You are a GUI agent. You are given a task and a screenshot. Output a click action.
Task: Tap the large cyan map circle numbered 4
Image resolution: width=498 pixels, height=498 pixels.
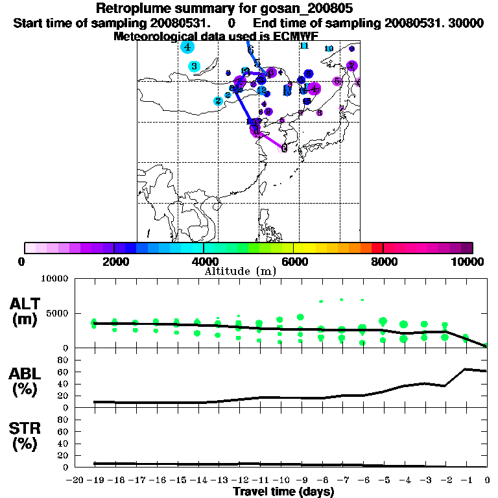[187, 47]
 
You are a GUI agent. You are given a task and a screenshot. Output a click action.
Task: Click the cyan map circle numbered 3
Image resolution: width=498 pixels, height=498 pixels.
[194, 66]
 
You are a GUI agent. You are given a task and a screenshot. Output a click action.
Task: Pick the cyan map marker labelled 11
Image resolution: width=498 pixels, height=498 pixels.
[303, 45]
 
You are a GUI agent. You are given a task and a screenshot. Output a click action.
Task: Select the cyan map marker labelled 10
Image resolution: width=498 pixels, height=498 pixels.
[329, 49]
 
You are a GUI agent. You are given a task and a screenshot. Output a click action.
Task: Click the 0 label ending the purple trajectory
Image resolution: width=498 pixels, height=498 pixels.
[284, 148]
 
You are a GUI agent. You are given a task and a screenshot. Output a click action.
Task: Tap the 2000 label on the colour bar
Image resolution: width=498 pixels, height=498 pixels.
[113, 261]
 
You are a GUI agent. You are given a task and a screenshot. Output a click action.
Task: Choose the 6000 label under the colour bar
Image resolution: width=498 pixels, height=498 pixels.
[294, 261]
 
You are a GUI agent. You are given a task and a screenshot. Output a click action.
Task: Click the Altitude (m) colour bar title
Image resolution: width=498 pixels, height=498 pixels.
[240, 271]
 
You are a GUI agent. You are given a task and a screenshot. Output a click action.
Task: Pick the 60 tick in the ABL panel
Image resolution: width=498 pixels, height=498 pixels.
[64, 372]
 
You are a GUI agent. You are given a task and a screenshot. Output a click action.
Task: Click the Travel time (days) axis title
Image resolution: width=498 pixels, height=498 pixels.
[283, 492]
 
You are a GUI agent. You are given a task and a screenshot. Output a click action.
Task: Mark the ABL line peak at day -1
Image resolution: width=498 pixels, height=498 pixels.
[466, 369]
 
